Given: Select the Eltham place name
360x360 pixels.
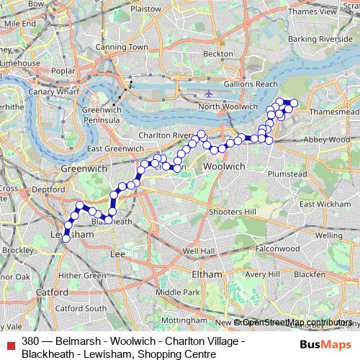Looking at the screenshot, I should coord(207,274).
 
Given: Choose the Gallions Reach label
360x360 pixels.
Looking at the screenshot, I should coord(253,84).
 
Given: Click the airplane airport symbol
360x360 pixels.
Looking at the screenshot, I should coord(209,94).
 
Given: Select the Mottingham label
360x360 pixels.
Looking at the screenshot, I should coord(180,318).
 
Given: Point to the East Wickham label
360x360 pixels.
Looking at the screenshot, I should coord(319,204).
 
